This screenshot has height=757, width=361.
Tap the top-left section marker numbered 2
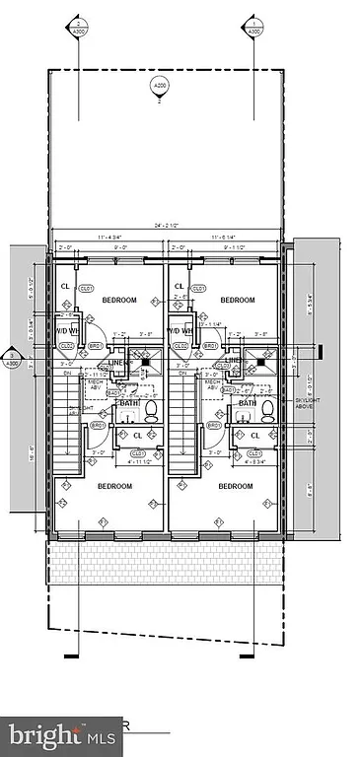pyautogui.click(x=78, y=27)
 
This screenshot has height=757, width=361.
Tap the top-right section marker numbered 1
pyautogui.click(x=253, y=27)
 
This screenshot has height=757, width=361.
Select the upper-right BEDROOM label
pyautogui.click(x=238, y=300)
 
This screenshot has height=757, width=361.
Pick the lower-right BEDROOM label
pyautogui.click(x=236, y=486)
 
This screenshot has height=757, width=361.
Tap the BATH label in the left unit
pyautogui.click(x=130, y=403)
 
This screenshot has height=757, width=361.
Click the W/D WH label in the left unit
pyautogui.click(x=66, y=331)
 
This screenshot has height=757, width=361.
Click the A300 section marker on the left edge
pyautogui.click(x=12, y=358)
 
